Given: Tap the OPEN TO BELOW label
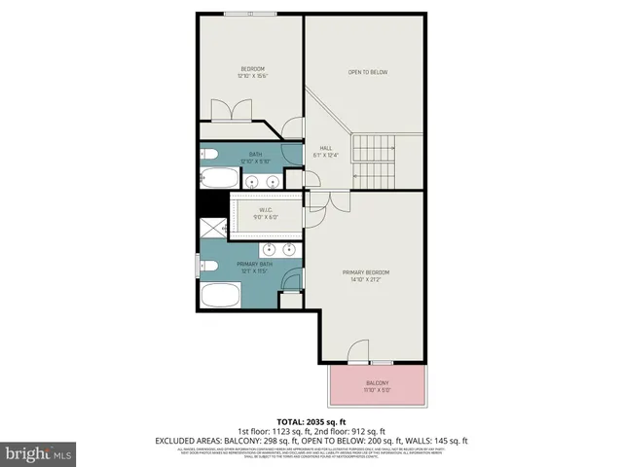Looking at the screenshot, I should coord(369,72).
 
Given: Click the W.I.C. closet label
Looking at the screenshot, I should coord(266,211).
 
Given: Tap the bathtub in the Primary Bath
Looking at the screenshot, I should coord(220,295).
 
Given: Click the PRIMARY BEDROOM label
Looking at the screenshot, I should coord(365,272).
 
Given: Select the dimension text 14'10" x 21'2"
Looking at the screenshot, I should coord(365,281).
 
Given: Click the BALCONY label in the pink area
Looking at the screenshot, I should coord(377,383).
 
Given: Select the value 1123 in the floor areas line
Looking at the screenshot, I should coord(286,431).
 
